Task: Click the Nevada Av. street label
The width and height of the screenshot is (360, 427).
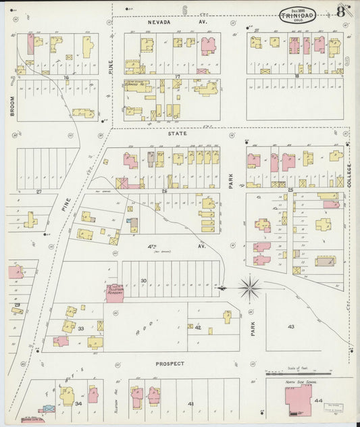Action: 178,22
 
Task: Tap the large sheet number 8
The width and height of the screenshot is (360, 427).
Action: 341,11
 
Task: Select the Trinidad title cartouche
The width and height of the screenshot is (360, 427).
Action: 301,14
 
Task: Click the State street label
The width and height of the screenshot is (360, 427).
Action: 178,134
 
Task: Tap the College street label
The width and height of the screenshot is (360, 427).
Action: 349,175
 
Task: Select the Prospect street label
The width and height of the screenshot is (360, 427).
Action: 170,363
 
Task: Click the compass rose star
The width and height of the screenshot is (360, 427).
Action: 251,288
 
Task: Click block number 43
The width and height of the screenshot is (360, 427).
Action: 291,327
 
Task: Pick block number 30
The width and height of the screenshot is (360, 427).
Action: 143,280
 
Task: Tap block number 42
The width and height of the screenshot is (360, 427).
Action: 198,327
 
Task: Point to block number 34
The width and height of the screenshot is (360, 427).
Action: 78,404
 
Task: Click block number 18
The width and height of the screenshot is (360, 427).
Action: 297,76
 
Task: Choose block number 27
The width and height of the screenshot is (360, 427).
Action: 38,192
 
